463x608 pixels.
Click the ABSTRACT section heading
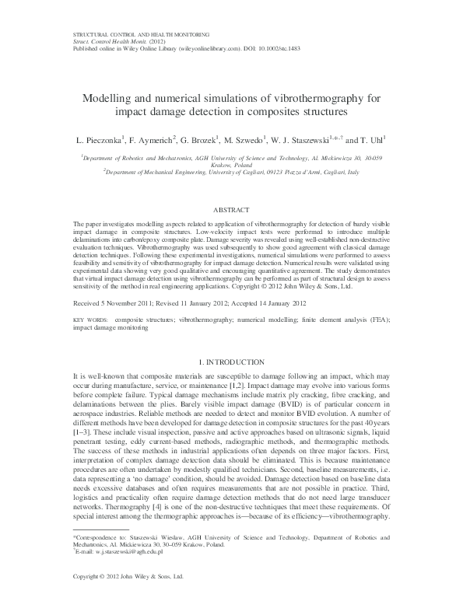coord(231,210)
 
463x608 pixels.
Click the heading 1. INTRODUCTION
coord(231,362)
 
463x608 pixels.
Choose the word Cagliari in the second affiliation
coord(259,176)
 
